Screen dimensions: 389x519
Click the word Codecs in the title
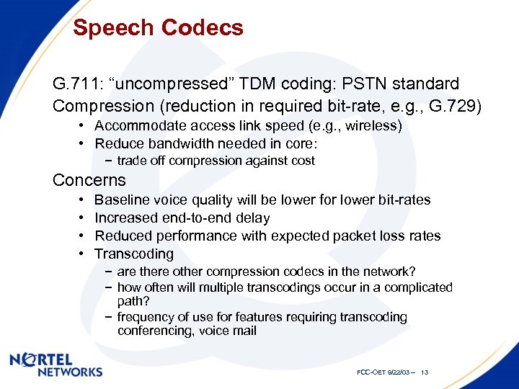click(203, 28)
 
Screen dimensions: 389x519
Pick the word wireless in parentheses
click(374, 126)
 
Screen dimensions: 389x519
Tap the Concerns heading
click(89, 180)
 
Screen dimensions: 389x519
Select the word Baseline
click(121, 200)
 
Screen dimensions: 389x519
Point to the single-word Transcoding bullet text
click(134, 254)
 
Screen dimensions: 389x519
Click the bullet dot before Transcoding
click(81, 254)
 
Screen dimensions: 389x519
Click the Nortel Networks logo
click(56, 365)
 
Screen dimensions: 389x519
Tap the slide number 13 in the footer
click(425, 372)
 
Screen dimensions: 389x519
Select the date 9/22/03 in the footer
click(397, 372)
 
